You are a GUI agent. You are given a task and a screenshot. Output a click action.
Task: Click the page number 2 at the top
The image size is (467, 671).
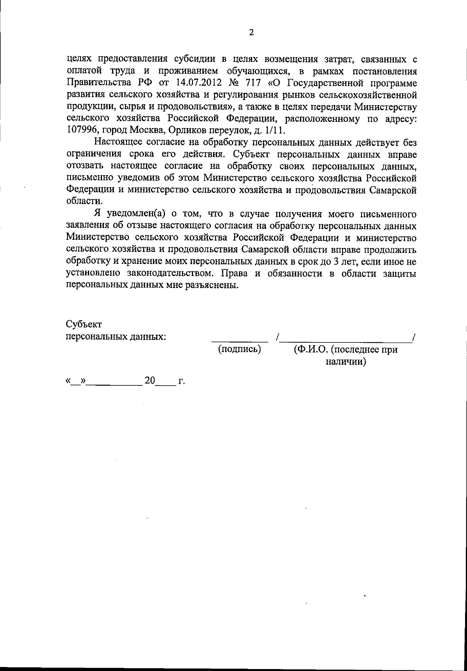[x=251, y=33]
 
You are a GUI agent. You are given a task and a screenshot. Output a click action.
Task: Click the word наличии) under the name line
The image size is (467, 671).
[x=346, y=362]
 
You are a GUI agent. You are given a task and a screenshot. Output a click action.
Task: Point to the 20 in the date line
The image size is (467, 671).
[x=150, y=381]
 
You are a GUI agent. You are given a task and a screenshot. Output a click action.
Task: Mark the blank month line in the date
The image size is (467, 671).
[x=114, y=384]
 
